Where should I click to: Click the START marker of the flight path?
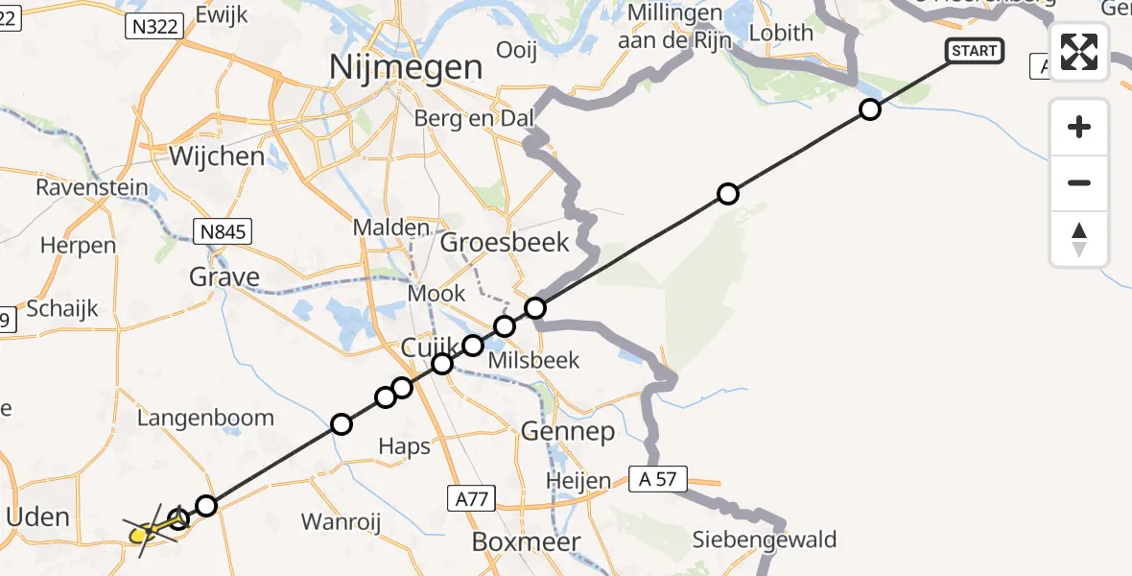point(975,51)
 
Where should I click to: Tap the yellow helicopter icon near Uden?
point(144,529)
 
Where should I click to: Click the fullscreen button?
point(1079,52)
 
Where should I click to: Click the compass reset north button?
point(1079,239)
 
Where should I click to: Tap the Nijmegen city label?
point(406,67)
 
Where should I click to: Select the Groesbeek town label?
point(505,242)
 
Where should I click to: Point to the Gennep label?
point(568,432)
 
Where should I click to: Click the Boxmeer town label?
point(527,542)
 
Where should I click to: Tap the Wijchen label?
point(217,156)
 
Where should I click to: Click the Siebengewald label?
point(765,540)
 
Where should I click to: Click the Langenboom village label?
point(205,418)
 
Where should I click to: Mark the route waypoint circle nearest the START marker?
point(869,109)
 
